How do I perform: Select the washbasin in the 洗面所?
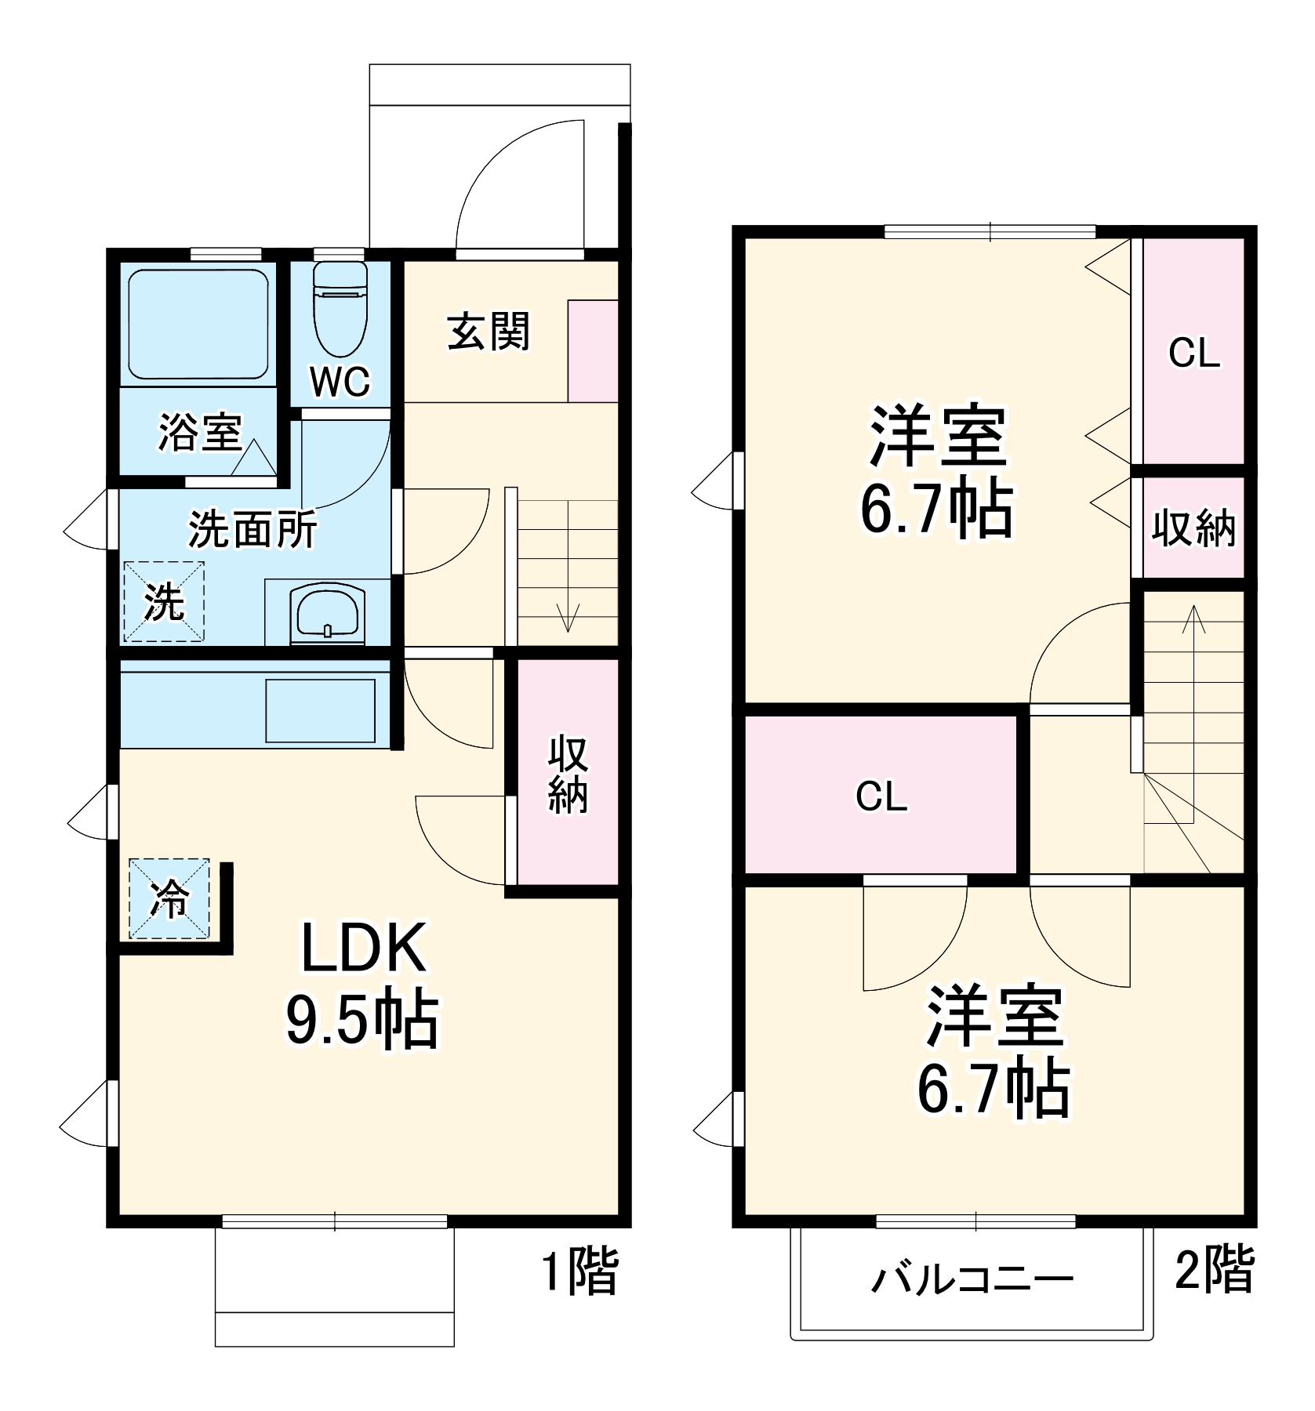pyautogui.click(x=328, y=613)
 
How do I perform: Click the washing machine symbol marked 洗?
pyautogui.click(x=164, y=601)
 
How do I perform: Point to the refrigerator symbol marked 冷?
pyautogui.click(x=169, y=898)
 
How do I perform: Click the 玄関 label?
pyautogui.click(x=489, y=332)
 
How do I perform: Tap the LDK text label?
pyautogui.click(x=364, y=949)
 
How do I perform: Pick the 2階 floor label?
pyautogui.click(x=1214, y=1269)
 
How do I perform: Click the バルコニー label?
pyautogui.click(x=972, y=1279)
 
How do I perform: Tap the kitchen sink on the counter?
pyautogui.click(x=320, y=709)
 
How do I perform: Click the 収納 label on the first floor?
pyautogui.click(x=568, y=774)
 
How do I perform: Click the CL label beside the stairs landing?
pyautogui.click(x=881, y=796)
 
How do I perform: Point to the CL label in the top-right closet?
pyautogui.click(x=1194, y=353)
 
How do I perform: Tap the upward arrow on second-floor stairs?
pyautogui.click(x=1193, y=619)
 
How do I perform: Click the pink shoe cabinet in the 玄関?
pyautogui.click(x=593, y=350)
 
